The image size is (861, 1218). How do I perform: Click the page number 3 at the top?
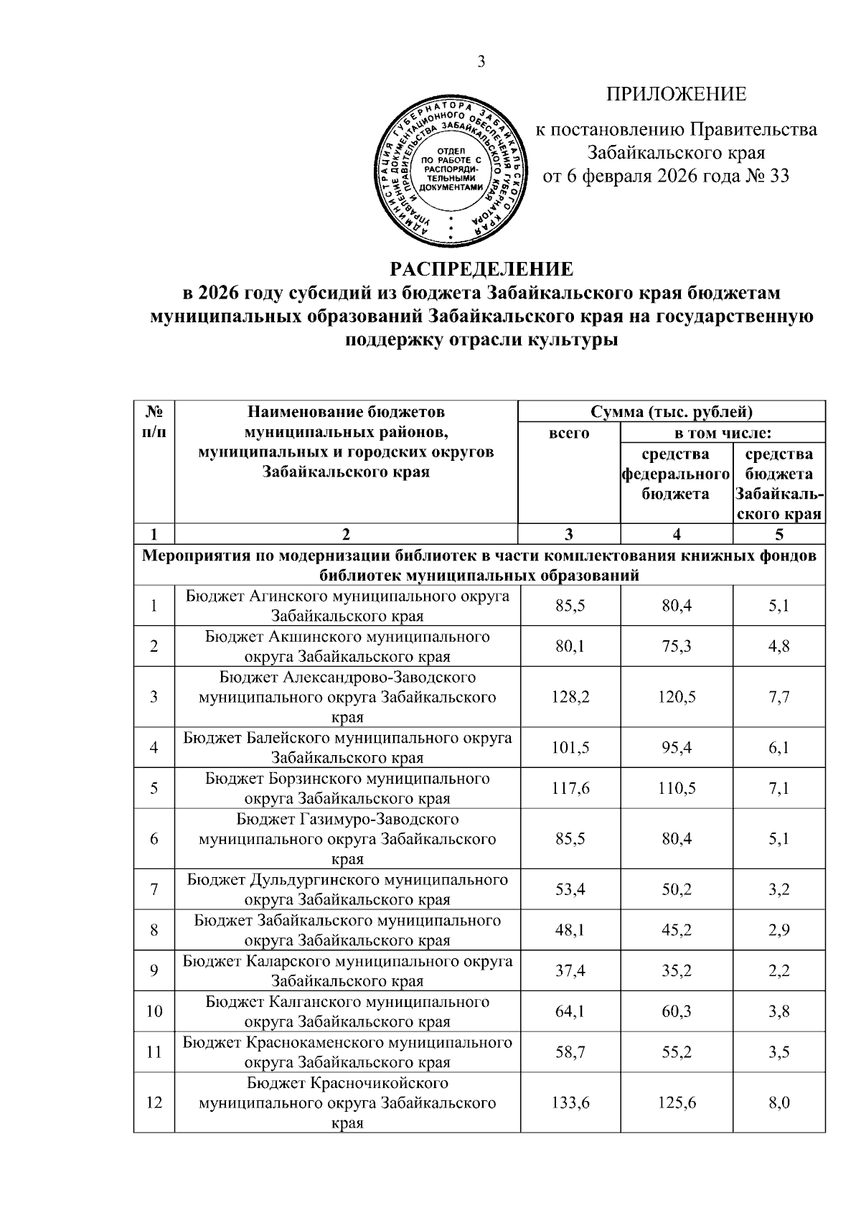tap(481, 62)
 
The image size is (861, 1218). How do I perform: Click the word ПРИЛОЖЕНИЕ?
tap(677, 95)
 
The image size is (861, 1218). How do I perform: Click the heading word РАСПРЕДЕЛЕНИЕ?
tap(481, 269)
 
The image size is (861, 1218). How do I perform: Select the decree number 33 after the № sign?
tap(778, 176)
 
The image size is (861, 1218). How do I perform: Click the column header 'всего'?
tap(569, 433)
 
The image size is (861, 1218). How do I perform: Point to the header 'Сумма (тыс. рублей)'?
tap(672, 412)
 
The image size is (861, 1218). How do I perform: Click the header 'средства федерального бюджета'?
tap(676, 474)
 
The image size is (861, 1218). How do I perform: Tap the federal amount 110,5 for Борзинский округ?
tap(677, 788)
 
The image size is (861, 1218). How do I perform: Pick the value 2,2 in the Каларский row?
tap(778, 970)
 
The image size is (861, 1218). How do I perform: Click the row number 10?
tap(154, 1011)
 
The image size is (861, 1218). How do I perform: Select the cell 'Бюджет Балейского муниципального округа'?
tap(347, 747)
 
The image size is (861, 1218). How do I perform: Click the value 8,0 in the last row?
tap(778, 1103)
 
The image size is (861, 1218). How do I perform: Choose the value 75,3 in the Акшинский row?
tap(677, 646)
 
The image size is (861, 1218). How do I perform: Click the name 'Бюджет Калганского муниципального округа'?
tap(347, 1011)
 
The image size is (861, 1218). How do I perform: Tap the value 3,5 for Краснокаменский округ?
tap(778, 1052)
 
